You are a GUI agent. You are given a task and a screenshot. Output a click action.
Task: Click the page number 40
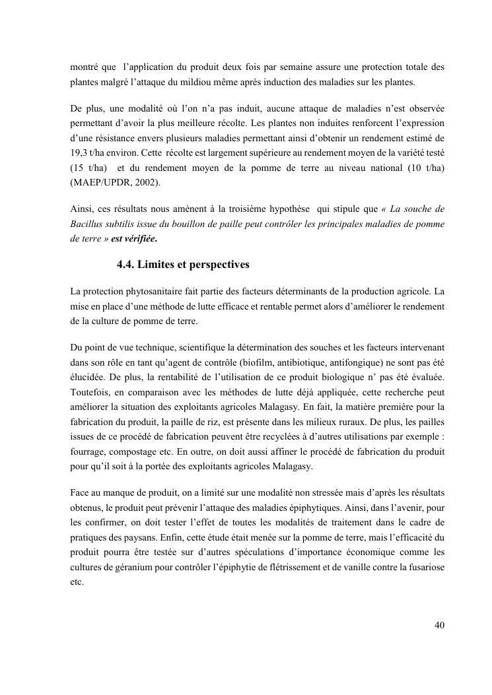[439, 625]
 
